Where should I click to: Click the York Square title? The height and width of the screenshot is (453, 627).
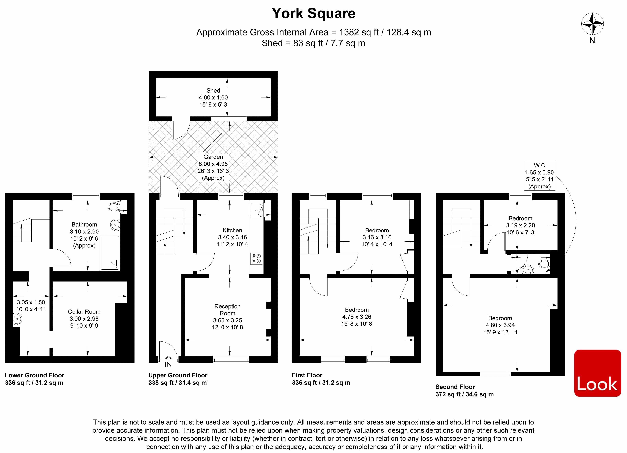(x=313, y=13)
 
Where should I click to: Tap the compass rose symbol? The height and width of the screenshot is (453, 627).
(x=592, y=24)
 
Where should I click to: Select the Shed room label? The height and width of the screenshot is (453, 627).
(x=213, y=90)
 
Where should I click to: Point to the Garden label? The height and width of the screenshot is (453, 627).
(x=213, y=157)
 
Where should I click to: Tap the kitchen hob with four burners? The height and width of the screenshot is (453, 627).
(x=256, y=258)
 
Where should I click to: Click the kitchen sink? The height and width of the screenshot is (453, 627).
(x=256, y=210)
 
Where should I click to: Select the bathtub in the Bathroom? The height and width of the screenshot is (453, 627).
(x=110, y=252)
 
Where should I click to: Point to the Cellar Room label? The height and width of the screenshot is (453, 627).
(x=84, y=311)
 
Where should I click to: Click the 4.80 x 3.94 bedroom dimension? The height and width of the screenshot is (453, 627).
(x=500, y=325)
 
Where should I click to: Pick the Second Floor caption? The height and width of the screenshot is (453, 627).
(x=455, y=387)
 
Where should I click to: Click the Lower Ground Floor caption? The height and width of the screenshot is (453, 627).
(x=35, y=375)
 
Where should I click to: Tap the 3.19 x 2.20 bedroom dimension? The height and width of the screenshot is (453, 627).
(x=520, y=225)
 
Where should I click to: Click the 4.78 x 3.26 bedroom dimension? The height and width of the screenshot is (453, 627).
(x=357, y=317)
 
